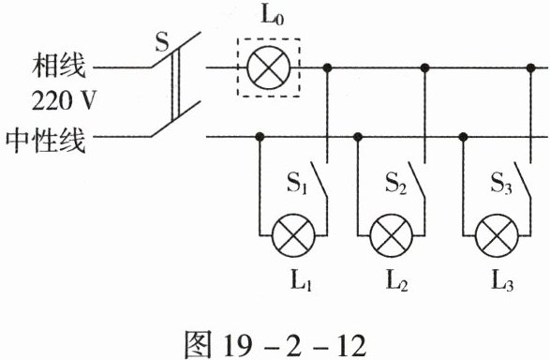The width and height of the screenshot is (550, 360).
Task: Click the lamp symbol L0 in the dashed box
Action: [269, 67]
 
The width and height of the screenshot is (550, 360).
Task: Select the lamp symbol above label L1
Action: [293, 235]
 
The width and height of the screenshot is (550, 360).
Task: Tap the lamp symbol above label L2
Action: [392, 235]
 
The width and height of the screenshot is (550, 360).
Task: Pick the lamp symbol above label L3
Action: [497, 235]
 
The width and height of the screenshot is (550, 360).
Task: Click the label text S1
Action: [297, 183]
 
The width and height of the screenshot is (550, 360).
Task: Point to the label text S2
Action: [396, 183]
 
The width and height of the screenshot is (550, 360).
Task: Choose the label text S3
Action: [501, 183]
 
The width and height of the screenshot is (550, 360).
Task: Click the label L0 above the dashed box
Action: [272, 15]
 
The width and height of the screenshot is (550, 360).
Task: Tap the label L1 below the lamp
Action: [301, 280]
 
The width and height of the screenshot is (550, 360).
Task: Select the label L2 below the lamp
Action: [396, 280]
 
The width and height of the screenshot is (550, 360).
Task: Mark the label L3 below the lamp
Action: [502, 280]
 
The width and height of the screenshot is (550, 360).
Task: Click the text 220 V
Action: [64, 100]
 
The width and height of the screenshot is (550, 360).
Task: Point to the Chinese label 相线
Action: [59, 66]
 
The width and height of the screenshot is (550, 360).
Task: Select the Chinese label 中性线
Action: [46, 140]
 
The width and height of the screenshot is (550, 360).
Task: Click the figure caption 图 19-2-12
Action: [275, 345]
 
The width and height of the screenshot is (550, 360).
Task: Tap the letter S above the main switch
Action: [162, 42]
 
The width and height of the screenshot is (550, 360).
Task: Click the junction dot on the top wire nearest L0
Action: [327, 67]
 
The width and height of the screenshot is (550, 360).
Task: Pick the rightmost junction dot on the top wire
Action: [530, 67]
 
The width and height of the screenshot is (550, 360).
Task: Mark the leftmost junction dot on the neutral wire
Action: [260, 137]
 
